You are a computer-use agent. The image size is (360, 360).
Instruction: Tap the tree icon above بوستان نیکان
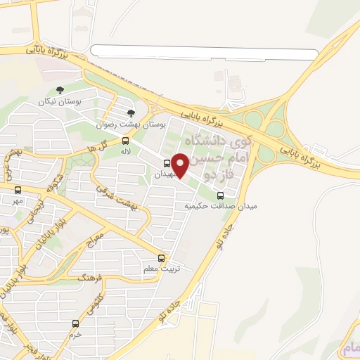[59, 90]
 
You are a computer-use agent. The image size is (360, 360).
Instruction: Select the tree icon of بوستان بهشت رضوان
[129, 112]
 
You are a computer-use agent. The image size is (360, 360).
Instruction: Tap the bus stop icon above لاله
[125, 141]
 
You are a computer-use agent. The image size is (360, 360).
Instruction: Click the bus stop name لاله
[126, 150]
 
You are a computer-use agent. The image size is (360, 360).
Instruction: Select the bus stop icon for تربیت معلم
[162, 258]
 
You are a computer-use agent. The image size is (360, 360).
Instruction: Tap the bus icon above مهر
[18, 190]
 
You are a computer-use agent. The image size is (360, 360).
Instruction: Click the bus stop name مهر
[18, 200]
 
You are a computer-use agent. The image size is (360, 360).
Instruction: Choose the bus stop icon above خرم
[75, 323]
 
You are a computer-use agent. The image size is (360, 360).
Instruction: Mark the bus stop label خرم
[75, 334]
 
